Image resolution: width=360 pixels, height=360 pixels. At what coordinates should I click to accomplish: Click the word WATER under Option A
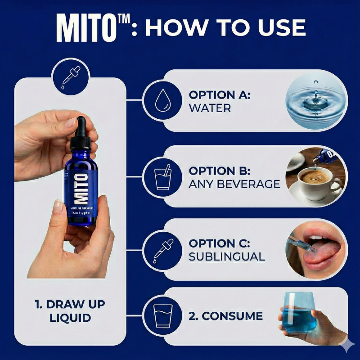[x=210, y=108]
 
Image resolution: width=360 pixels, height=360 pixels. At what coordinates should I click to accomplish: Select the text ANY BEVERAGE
[x=234, y=184]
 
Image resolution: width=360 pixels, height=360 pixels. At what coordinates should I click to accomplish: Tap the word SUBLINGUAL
[x=227, y=256]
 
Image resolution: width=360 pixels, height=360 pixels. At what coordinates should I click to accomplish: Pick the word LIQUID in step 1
[x=72, y=318]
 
